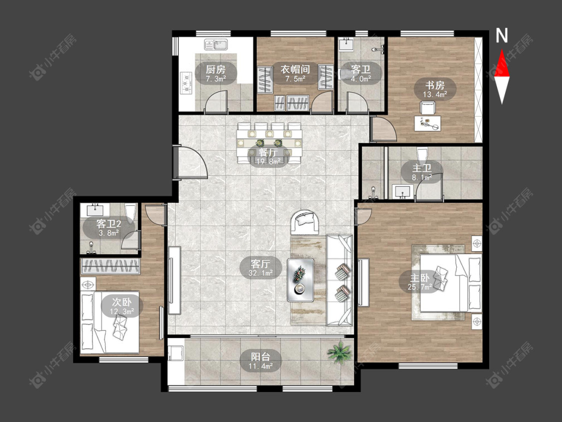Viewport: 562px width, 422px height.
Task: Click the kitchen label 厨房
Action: click(x=216, y=69)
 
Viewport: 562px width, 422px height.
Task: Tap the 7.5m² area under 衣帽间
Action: click(x=295, y=78)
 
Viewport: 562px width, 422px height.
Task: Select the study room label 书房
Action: click(x=435, y=85)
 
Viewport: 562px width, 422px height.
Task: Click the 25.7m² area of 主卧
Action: click(x=420, y=286)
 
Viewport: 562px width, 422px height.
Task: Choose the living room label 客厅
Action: click(x=260, y=264)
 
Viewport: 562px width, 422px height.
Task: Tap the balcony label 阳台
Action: click(x=260, y=356)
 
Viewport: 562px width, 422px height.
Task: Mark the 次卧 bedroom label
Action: click(x=121, y=302)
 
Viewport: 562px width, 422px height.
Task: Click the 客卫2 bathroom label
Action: click(x=108, y=224)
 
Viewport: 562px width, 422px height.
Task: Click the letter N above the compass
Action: click(x=502, y=35)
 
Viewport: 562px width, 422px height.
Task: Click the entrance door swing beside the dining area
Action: click(x=190, y=162)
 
